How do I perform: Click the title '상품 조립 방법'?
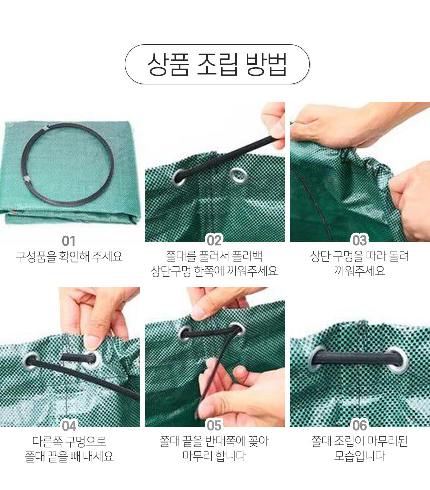tap(217, 64)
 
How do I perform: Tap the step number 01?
tap(69, 241)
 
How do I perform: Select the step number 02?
tap(214, 240)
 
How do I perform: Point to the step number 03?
tap(359, 240)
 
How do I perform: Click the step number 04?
tap(69, 426)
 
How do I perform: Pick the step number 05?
tap(214, 425)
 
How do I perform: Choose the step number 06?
tap(359, 425)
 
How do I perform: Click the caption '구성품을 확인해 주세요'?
tap(69, 257)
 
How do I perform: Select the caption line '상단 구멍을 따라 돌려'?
tap(359, 256)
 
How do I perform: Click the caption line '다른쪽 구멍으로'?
tap(69, 441)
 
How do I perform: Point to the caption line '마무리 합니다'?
tap(214, 456)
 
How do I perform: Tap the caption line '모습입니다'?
tap(359, 456)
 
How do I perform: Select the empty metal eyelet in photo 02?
tap(239, 176)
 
